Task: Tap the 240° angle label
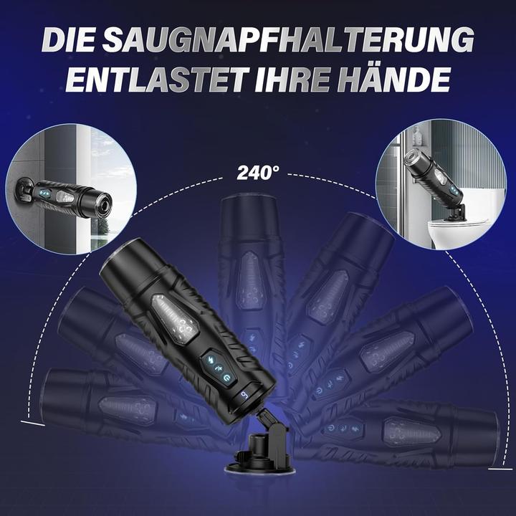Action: pyautogui.click(x=258, y=173)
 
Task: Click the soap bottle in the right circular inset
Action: pyautogui.click(x=416, y=137)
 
